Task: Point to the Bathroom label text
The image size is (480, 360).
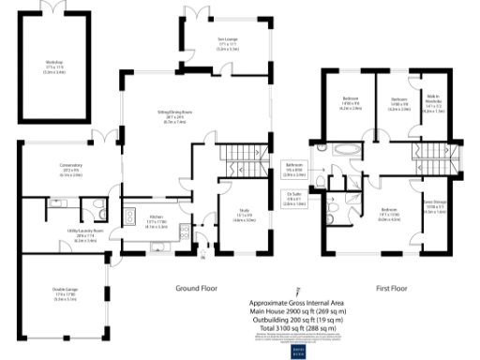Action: click(292, 170)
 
